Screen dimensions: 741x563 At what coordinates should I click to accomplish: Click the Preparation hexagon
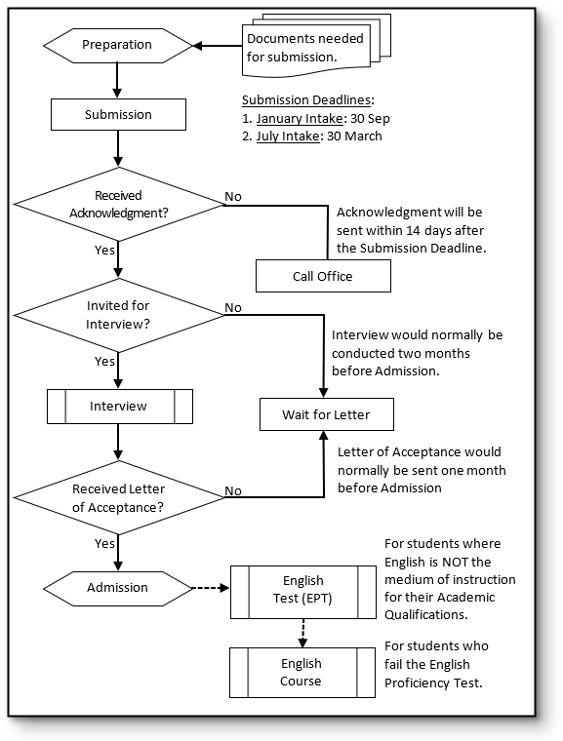[x=118, y=45]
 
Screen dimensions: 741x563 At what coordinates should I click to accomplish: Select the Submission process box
[x=118, y=115]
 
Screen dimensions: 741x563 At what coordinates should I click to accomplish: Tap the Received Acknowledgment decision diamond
[x=118, y=204]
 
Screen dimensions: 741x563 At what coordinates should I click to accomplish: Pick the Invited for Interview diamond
[x=118, y=315]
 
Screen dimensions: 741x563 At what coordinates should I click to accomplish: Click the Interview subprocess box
[x=119, y=406]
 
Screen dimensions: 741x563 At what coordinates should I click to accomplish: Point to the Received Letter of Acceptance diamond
[x=118, y=498]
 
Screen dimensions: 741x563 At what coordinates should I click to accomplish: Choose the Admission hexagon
[x=118, y=588]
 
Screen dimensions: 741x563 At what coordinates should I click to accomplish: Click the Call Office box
[x=323, y=276]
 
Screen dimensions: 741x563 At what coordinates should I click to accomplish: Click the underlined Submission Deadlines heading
[x=307, y=100]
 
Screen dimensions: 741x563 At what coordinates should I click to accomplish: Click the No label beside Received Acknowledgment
[x=233, y=197]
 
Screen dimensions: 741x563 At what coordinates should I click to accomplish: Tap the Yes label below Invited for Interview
[x=104, y=361]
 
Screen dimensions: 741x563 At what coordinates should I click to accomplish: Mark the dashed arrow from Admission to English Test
[x=211, y=588]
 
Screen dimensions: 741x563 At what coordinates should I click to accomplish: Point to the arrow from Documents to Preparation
[x=218, y=45]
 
